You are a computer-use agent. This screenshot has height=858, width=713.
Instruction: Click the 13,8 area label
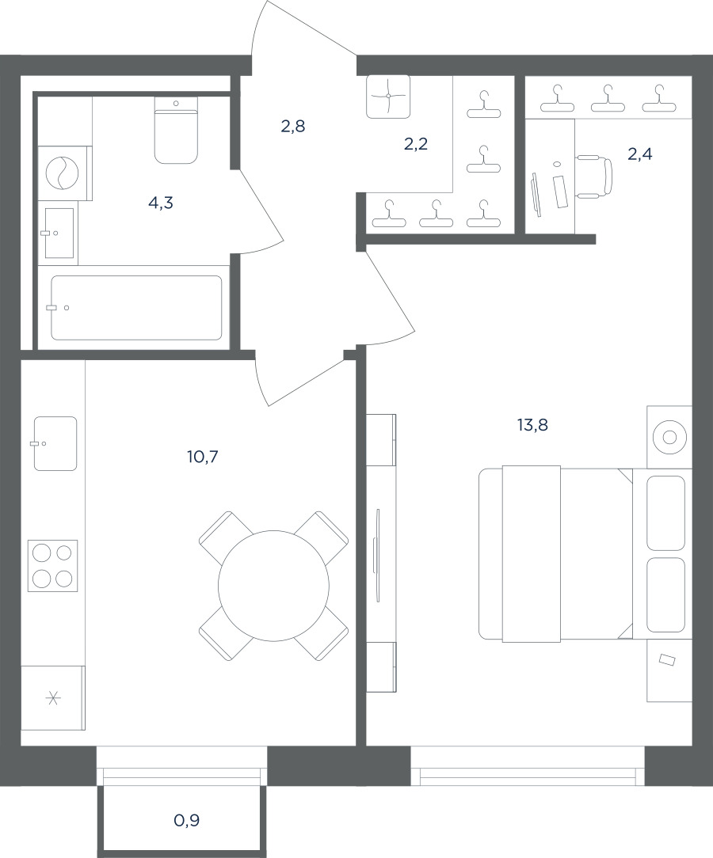[532, 424]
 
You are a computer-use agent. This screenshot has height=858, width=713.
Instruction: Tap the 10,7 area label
[203, 457]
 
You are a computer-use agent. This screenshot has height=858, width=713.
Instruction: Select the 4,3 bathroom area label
[161, 203]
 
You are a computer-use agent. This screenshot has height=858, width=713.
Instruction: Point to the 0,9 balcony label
[187, 820]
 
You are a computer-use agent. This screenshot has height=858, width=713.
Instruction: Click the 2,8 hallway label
[293, 127]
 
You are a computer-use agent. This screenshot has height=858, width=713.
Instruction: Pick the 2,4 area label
[639, 154]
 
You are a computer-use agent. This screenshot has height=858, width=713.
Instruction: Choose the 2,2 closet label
[416, 145]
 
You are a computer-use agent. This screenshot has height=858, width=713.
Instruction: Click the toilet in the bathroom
[176, 131]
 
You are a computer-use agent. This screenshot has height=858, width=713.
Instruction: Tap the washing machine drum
[63, 173]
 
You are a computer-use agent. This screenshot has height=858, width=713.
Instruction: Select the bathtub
[136, 308]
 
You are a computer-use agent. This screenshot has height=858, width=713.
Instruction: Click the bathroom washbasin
[59, 233]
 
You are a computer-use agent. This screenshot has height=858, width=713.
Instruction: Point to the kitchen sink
[55, 443]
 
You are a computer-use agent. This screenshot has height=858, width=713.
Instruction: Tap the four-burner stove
[52, 566]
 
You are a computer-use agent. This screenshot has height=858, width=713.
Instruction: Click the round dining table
[274, 586]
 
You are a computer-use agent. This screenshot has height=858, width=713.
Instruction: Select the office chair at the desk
[594, 177]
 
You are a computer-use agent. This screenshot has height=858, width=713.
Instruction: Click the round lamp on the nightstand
[669, 437]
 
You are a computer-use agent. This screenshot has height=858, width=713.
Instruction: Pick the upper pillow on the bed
[666, 513]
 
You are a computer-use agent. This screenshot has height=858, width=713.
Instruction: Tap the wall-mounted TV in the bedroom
[377, 556]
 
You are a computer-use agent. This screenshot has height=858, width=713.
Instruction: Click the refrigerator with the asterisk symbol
[53, 697]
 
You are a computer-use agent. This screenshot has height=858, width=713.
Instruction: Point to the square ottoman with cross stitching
[388, 97]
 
